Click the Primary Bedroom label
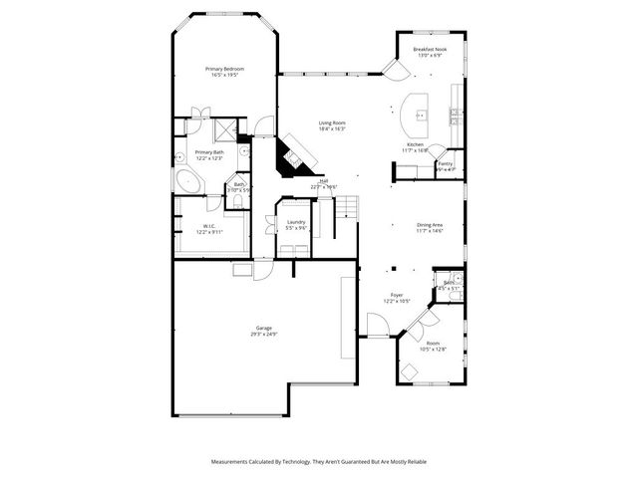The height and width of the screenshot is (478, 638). [x=225, y=69]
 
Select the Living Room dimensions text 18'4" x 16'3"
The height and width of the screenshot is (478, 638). [x=332, y=129]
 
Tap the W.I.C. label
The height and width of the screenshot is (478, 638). [x=209, y=226]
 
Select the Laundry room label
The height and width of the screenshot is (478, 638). [x=296, y=222]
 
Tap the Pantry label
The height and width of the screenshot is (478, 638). [x=446, y=164]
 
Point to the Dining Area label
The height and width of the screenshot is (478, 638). [x=430, y=225]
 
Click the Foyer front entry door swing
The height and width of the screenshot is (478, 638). [x=377, y=323]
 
